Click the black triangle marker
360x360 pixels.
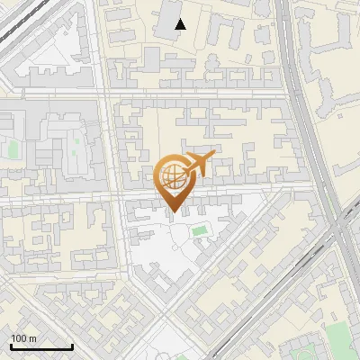[x=181, y=25]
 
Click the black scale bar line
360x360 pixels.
[x=41, y=347]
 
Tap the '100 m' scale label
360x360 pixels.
[x=24, y=338]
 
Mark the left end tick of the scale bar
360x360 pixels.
[x=11, y=346]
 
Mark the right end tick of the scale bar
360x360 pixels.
[x=72, y=346]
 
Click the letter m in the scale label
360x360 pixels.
[x=33, y=338]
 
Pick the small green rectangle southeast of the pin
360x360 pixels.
[x=199, y=231]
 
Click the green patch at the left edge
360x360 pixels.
[x=11, y=147]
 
